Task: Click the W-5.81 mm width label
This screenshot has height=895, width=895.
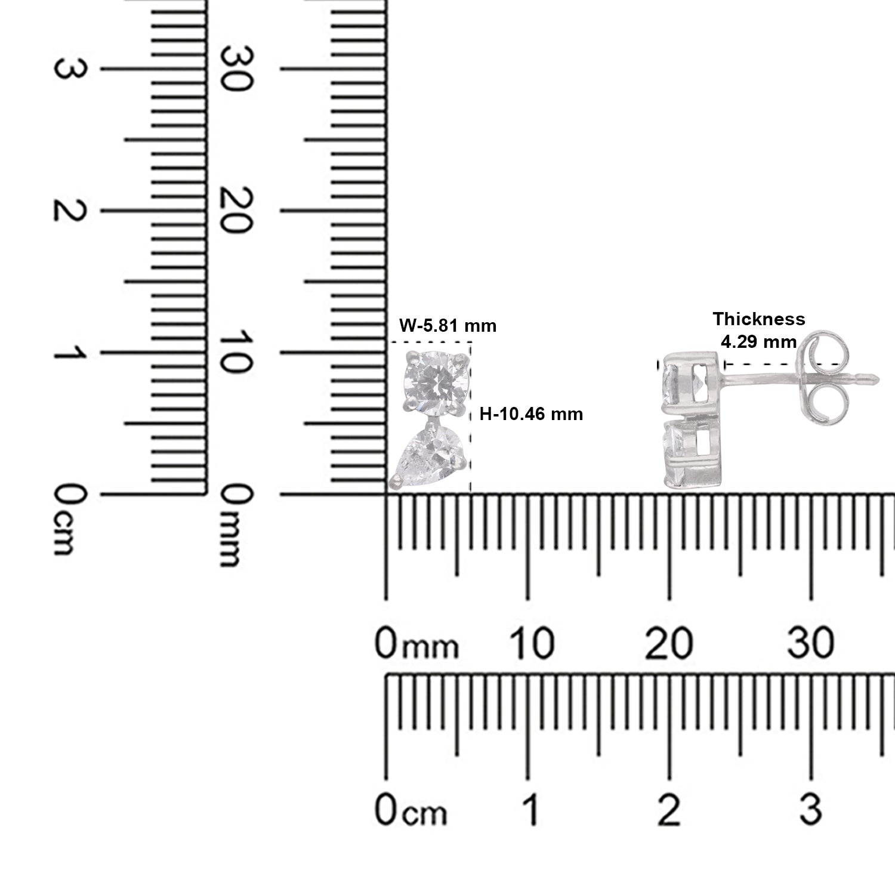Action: pyautogui.click(x=447, y=326)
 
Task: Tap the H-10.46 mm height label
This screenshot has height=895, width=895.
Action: pyautogui.click(x=532, y=413)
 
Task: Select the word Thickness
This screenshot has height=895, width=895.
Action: pyautogui.click(x=759, y=319)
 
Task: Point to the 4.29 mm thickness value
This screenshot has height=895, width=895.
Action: pyautogui.click(x=759, y=342)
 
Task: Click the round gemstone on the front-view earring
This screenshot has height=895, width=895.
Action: pyautogui.click(x=434, y=382)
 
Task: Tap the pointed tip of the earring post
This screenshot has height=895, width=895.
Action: pyautogui.click(x=878, y=377)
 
